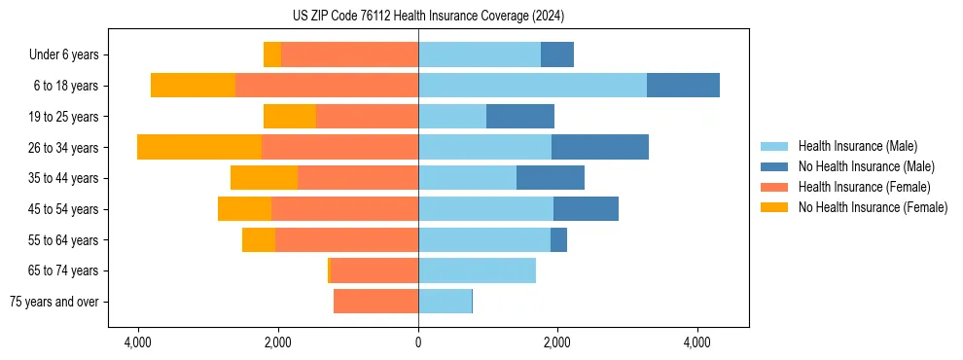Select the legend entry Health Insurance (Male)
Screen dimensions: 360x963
(x=855, y=146)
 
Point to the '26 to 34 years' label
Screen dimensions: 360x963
(x=65, y=148)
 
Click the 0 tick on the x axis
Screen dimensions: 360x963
(x=418, y=343)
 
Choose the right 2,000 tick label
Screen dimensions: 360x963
(x=557, y=343)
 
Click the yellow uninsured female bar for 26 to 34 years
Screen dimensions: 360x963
(x=199, y=147)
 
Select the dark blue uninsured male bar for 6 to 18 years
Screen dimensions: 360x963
(x=683, y=86)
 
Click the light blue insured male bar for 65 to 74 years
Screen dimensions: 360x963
(x=477, y=270)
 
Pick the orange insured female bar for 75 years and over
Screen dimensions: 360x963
(x=375, y=302)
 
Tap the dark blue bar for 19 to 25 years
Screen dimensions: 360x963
(x=520, y=117)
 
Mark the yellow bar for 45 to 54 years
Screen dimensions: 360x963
(x=244, y=209)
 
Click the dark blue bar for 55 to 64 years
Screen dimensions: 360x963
(x=558, y=239)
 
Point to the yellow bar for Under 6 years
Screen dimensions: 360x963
(x=272, y=54)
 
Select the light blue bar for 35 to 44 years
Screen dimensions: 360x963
(x=467, y=178)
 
